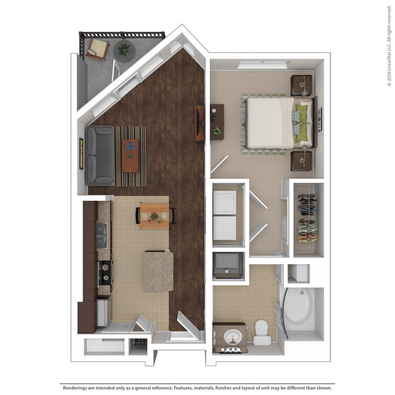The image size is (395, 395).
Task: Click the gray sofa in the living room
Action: [100, 155]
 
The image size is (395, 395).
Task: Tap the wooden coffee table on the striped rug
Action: [130, 155]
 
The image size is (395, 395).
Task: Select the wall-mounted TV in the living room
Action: [200, 124]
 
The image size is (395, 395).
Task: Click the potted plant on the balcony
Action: [124, 49]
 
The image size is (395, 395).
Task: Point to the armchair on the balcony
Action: [97, 48]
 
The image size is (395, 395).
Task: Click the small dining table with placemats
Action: [154, 216]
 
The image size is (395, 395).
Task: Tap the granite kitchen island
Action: [158, 271]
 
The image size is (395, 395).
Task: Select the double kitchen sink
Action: [102, 235]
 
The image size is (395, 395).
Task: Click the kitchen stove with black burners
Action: [105, 273]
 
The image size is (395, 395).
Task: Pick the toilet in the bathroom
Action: [262, 331]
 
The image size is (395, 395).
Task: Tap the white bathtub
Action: [300, 309]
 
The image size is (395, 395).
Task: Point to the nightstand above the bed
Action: [301, 85]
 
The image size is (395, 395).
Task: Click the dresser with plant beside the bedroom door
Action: [217, 122]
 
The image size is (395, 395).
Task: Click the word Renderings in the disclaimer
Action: [77, 388]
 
